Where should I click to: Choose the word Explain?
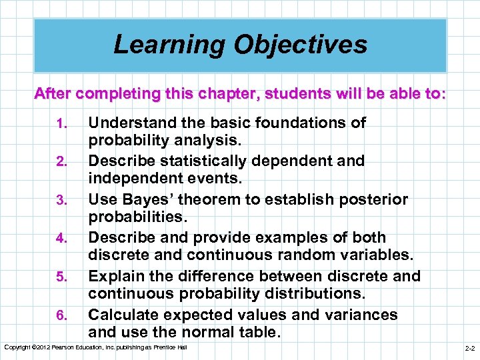pyautogui.click(x=116, y=276)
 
